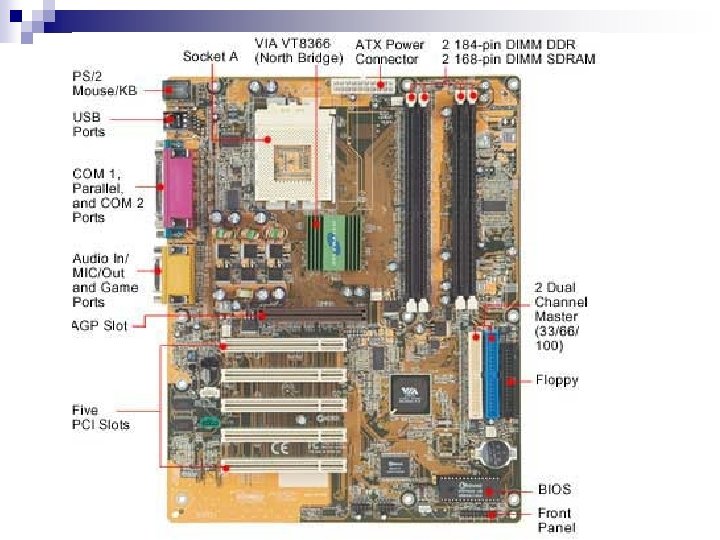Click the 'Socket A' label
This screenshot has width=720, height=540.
[210, 57]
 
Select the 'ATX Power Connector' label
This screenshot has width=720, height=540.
[390, 51]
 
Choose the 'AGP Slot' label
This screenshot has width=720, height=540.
[100, 325]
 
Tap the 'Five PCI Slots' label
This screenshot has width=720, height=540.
[100, 417]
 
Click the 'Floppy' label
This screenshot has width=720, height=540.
[556, 380]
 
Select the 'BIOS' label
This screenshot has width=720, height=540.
[554, 489]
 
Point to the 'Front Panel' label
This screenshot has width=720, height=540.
[556, 520]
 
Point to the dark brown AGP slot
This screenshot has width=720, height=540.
[300, 316]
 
